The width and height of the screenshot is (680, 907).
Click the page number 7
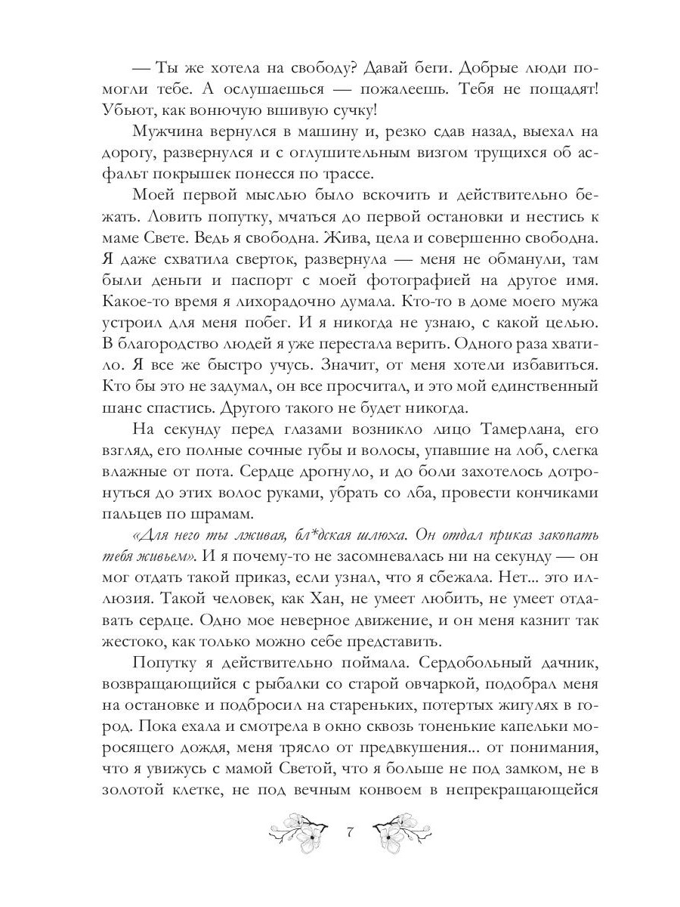[349, 833]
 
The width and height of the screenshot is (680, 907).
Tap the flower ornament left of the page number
[301, 831]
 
